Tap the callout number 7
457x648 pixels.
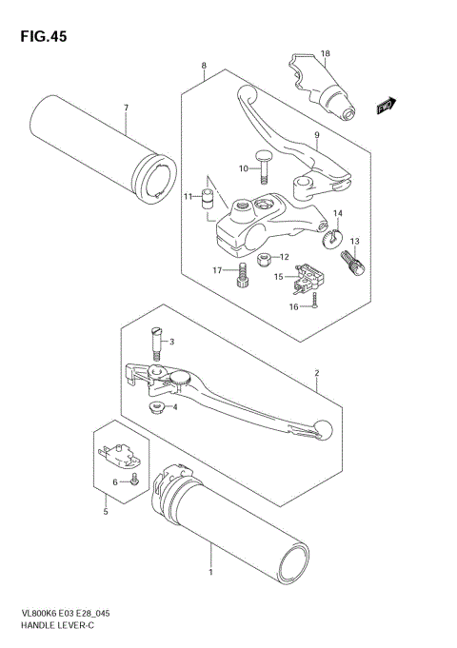coord(125,108)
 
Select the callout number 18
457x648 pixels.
coord(325,53)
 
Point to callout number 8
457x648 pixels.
coord(204,66)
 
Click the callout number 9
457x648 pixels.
coord(315,135)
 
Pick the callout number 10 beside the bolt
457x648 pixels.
coord(243,169)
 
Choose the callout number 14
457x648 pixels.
coord(338,213)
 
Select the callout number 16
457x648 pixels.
coord(295,307)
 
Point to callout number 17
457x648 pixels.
coord(217,271)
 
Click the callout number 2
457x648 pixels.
coord(316,374)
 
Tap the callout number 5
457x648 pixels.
coord(106,512)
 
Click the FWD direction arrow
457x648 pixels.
coord(385,106)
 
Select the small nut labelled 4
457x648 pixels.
coord(155,407)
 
